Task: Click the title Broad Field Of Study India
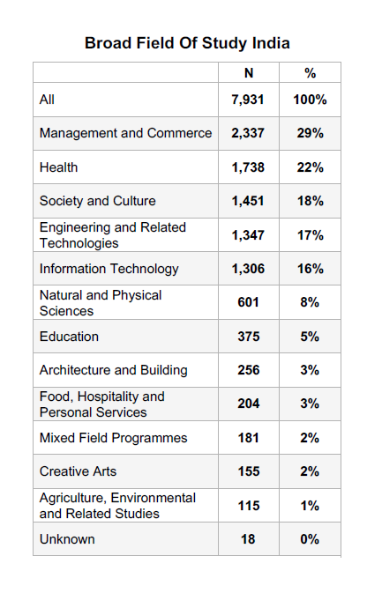point(187,43)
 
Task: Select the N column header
point(249,73)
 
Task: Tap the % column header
point(310,73)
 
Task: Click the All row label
point(47,100)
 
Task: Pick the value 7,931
point(248,100)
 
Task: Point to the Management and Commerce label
point(125,133)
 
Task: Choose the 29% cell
point(310,133)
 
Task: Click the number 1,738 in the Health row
point(248,167)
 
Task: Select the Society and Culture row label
point(98,201)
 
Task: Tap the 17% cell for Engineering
point(310,235)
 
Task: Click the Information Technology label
point(109,269)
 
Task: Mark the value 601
point(249,302)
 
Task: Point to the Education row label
point(69,337)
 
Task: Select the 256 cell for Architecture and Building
point(249,370)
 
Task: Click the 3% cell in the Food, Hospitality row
point(310,404)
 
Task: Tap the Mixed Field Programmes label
point(114,438)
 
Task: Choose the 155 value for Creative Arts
point(249,471)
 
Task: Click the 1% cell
point(310,506)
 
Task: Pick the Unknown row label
point(67,539)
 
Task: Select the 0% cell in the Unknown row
point(310,539)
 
